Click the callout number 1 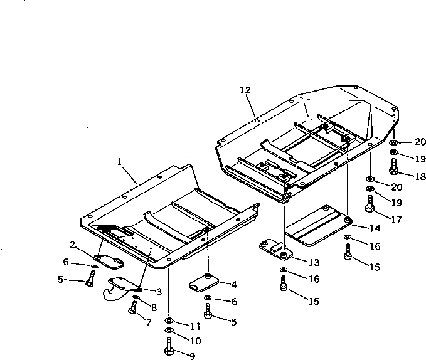click(x=119, y=162)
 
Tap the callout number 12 click(x=245, y=91)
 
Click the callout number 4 click(x=233, y=285)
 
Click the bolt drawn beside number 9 click(x=169, y=346)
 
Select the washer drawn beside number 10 click(x=169, y=331)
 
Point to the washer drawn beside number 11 click(x=169, y=320)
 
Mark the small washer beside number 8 click(x=137, y=298)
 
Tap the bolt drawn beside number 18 click(x=393, y=167)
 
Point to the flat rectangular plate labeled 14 click(x=317, y=228)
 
